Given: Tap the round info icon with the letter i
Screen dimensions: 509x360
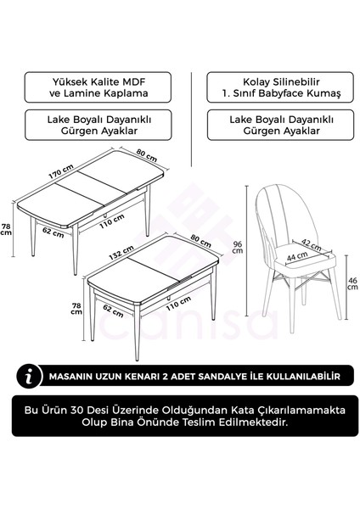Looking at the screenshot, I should (x=31, y=374).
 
